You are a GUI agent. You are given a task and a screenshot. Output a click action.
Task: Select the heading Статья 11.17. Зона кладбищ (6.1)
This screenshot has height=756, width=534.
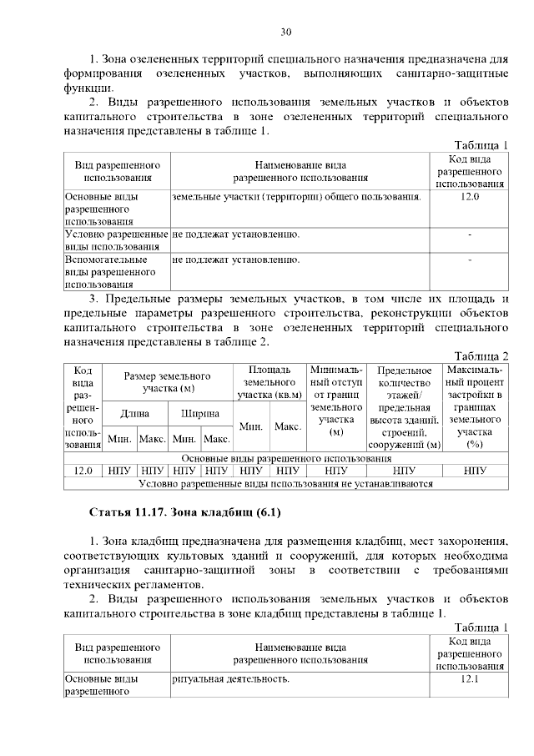[177, 510]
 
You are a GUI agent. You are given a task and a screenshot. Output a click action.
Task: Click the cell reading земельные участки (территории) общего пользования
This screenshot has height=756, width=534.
[295, 197]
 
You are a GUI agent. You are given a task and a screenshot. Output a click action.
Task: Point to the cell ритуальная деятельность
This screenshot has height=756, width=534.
[231, 679]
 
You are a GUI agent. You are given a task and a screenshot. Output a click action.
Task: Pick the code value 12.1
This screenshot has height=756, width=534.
[471, 679]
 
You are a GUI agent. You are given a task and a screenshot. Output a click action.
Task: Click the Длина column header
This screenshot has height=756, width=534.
[135, 413]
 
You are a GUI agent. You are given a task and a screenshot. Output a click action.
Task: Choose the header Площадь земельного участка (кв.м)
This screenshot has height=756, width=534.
[269, 382]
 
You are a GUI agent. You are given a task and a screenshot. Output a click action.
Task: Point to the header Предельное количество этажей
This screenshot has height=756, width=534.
[405, 406]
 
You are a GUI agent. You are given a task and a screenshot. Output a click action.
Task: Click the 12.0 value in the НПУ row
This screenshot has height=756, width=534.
[83, 471]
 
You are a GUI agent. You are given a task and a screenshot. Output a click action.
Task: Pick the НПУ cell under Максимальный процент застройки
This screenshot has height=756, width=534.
[475, 471]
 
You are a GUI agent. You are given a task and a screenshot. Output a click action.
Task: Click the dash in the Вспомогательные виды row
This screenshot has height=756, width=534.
[471, 260]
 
